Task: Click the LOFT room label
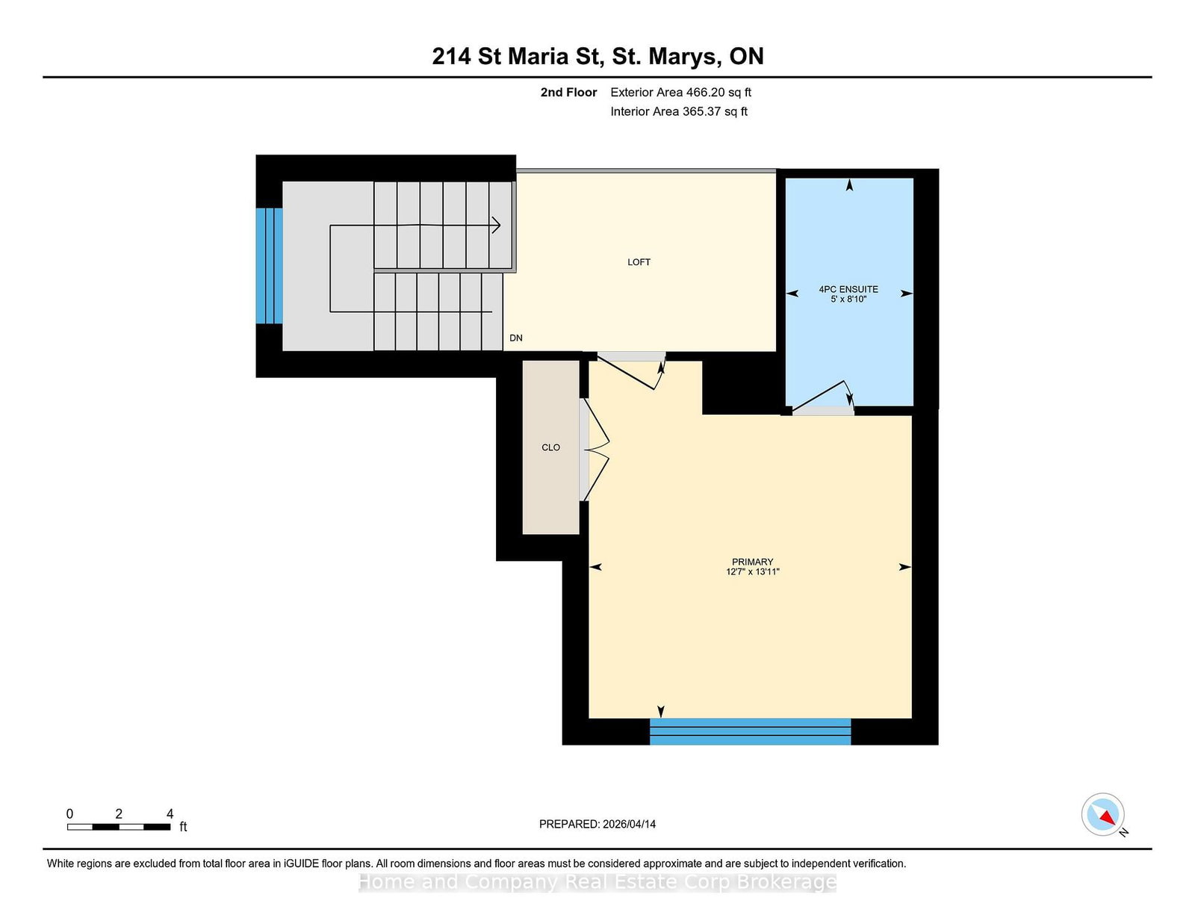point(639,262)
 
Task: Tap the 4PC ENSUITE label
point(848,289)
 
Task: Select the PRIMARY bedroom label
point(752,562)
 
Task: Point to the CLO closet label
point(550,447)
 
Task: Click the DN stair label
point(516,338)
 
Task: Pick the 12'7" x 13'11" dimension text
point(752,571)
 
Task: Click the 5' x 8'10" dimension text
point(848,300)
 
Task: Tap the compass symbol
point(1102,814)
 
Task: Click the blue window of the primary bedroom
point(750,731)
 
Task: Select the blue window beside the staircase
point(270,266)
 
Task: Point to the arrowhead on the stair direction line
point(496,225)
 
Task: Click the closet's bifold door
point(596,450)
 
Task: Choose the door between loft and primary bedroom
point(631,371)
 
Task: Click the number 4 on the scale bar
point(170,813)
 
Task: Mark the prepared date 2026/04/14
point(629,824)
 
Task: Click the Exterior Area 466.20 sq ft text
point(681,93)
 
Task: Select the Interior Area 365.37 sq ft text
point(679,111)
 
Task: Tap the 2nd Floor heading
point(568,93)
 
